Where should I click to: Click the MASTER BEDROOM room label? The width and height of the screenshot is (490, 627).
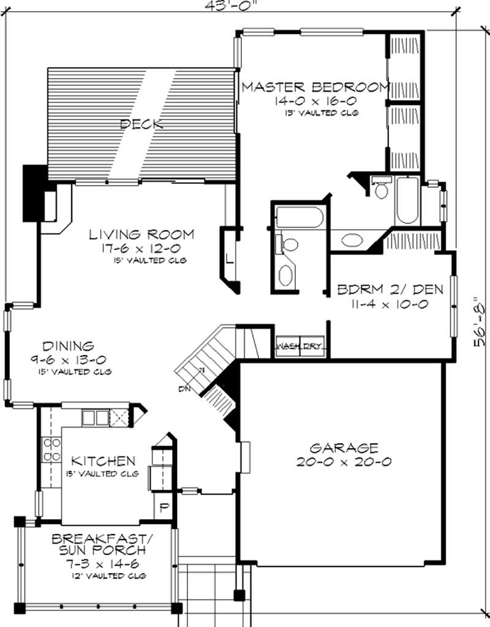[315, 87]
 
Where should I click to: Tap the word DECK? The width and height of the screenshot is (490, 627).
[141, 124]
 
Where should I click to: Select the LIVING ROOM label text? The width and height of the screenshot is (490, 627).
[141, 235]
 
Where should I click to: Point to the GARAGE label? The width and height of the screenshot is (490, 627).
[344, 448]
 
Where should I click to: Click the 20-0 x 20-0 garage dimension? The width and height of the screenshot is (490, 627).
[344, 462]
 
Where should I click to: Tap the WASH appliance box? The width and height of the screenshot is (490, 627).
[287, 347]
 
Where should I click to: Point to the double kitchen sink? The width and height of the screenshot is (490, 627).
[94, 418]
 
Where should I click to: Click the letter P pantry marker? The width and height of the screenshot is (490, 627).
[164, 508]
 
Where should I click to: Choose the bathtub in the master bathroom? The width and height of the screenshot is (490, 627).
[407, 201]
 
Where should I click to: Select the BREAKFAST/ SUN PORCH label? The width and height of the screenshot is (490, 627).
[101, 544]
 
